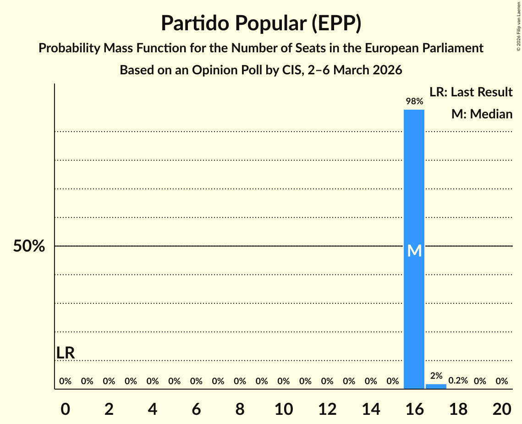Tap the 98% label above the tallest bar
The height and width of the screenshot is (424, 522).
[x=414, y=101]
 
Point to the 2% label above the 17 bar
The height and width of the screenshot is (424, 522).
[x=436, y=376]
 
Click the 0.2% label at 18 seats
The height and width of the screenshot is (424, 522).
[x=458, y=381]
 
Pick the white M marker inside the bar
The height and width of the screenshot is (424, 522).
[x=414, y=251]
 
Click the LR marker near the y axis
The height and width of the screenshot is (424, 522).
[x=66, y=353]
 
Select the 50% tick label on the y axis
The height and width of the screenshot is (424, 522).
[x=29, y=246]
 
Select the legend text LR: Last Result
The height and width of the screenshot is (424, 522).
[x=471, y=92]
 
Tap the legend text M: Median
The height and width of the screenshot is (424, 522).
[x=482, y=114]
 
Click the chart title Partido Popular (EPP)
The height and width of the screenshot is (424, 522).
[x=261, y=23]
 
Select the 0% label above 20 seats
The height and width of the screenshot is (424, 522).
[x=501, y=381]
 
